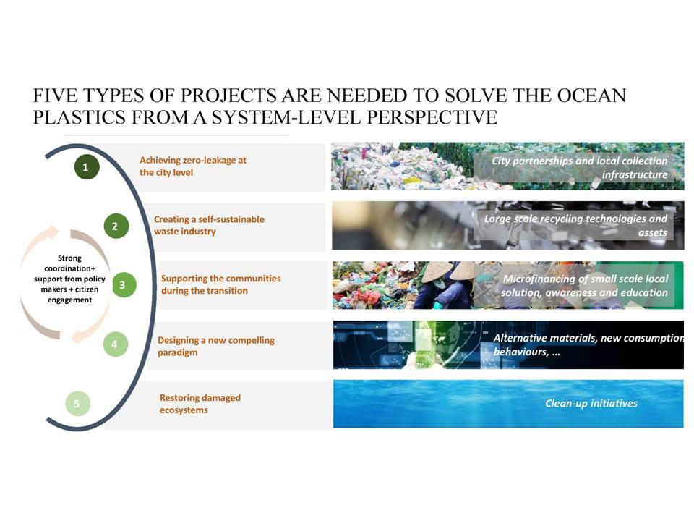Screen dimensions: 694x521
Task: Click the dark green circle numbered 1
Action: click(x=86, y=167)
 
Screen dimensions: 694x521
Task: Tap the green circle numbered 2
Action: click(x=116, y=226)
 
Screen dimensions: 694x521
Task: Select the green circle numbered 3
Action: click(x=124, y=285)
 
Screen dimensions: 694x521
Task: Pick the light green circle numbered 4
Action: click(x=115, y=344)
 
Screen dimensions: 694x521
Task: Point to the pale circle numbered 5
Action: click(x=77, y=404)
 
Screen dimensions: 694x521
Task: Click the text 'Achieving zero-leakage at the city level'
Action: click(x=193, y=166)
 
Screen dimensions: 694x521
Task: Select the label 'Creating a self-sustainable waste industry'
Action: click(x=209, y=225)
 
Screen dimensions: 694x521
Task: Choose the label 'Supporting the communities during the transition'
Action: click(x=221, y=284)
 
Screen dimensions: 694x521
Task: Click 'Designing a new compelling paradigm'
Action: click(x=216, y=346)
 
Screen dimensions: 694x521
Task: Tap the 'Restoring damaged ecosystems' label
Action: click(x=200, y=404)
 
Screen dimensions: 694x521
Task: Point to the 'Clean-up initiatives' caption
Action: click(x=591, y=403)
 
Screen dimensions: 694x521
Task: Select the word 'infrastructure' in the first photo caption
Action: click(x=635, y=174)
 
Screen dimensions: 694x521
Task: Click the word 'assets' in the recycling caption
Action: click(x=652, y=232)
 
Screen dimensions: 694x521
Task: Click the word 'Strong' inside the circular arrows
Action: click(x=69, y=258)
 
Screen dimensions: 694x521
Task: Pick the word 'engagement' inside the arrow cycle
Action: click(x=69, y=300)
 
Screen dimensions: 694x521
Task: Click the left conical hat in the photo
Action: click(x=437, y=271)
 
